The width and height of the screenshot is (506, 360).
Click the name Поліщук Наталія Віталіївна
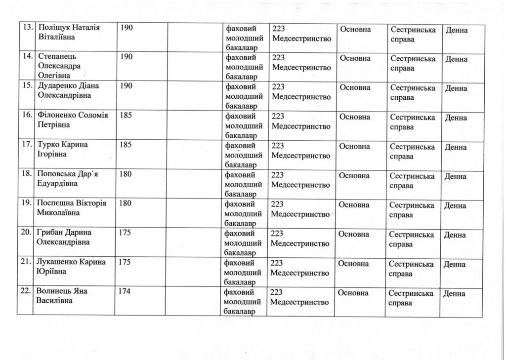(69, 32)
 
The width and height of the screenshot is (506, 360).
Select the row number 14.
(28, 56)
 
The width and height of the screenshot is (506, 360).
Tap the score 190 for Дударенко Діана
(126, 86)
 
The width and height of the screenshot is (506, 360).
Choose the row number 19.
(26, 203)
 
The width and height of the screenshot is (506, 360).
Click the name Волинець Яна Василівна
(61, 295)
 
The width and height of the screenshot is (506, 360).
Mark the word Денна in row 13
(457, 31)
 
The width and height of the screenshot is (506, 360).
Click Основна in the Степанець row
(355, 58)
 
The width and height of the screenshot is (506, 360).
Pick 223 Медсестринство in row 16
(300, 121)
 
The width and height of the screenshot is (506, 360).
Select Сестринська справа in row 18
(412, 181)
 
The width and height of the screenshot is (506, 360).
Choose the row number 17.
(26, 145)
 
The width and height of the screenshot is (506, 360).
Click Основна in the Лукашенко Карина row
(353, 263)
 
